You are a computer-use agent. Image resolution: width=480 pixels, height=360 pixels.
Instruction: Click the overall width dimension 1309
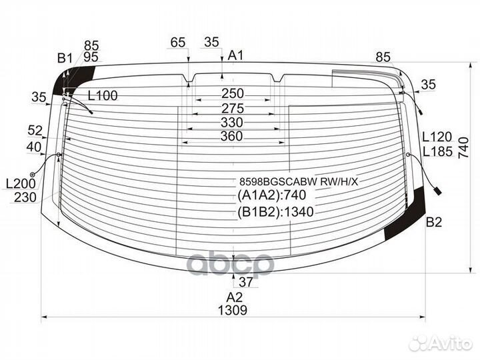click(233, 310)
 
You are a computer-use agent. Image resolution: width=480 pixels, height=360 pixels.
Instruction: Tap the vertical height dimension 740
click(464, 148)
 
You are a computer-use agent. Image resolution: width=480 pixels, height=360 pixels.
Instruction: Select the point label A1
click(235, 55)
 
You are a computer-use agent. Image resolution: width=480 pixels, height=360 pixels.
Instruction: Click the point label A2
click(235, 297)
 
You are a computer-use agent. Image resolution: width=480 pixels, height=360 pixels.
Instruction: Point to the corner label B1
click(65, 58)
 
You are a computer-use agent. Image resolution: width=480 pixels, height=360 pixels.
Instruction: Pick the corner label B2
click(434, 222)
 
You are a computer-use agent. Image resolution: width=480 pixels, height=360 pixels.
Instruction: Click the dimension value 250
click(233, 93)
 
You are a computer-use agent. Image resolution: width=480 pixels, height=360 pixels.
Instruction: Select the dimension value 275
click(233, 109)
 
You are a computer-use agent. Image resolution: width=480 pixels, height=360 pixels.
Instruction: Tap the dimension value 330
click(232, 123)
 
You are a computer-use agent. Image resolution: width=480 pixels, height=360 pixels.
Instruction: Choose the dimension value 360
click(232, 136)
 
